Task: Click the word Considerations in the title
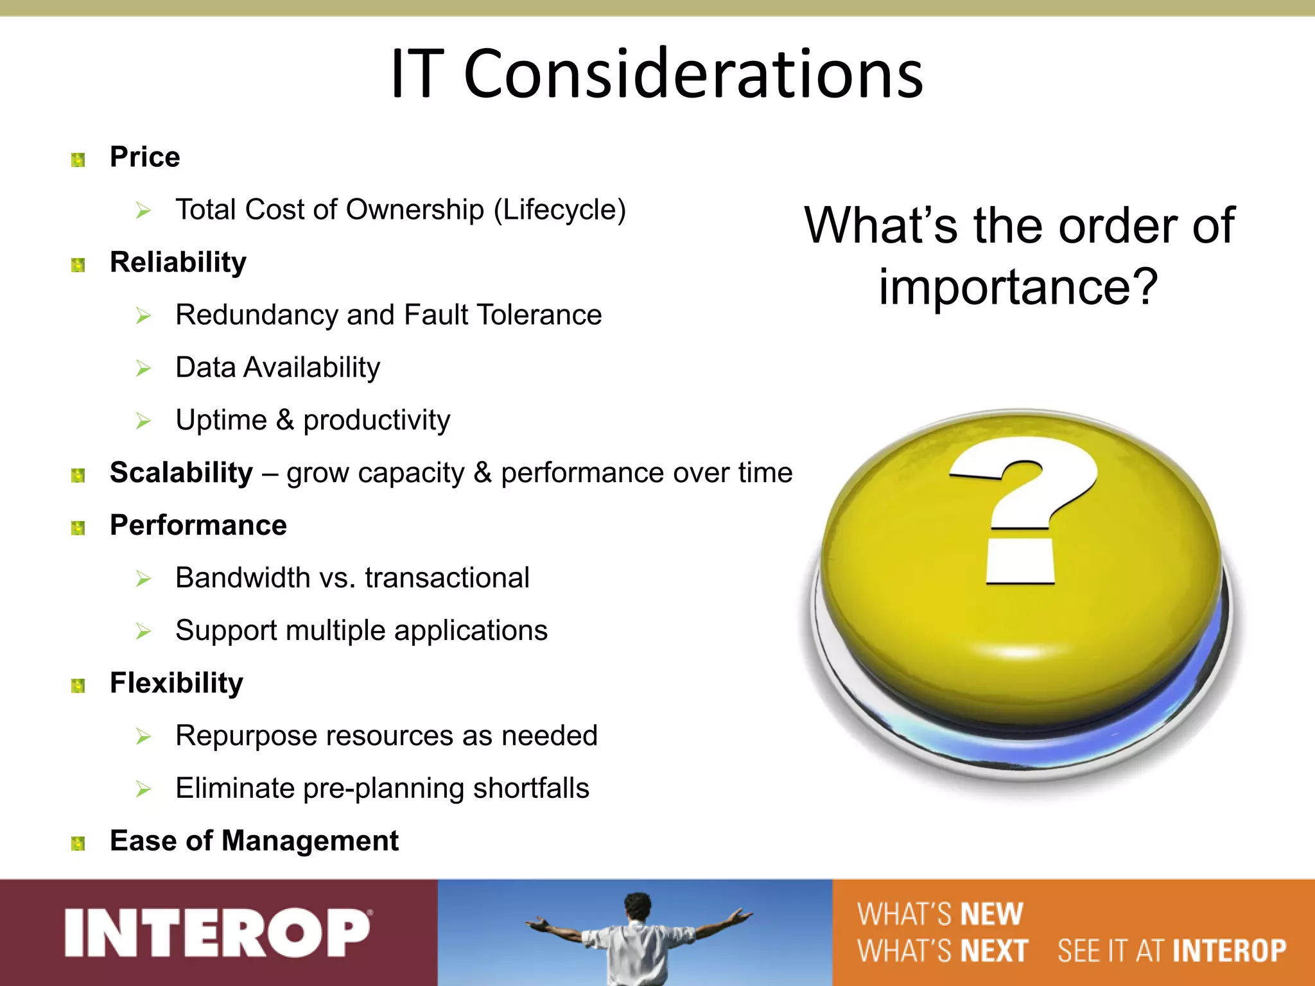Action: [693, 74]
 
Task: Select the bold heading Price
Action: [144, 157]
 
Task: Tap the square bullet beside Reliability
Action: [78, 265]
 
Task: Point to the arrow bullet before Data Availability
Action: [143, 368]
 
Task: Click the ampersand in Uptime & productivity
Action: [284, 420]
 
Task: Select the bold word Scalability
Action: [181, 473]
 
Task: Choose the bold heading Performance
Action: [198, 526]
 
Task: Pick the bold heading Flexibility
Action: [176, 683]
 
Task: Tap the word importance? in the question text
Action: [1018, 286]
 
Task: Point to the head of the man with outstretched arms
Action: [638, 906]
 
